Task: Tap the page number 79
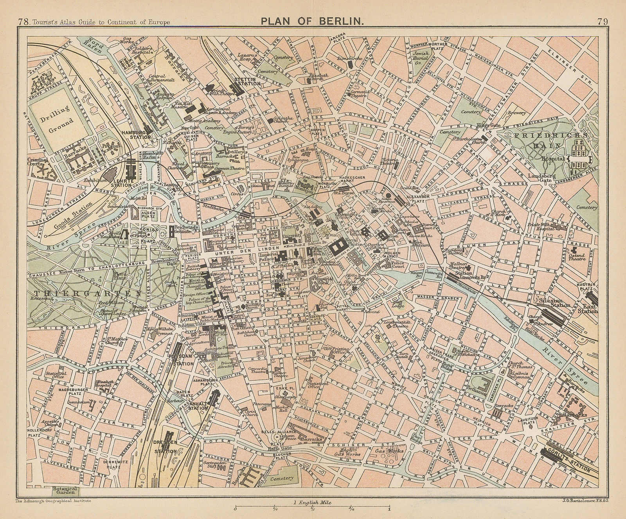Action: [603, 22]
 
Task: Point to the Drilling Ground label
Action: [61, 115]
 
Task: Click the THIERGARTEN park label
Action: [65, 293]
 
